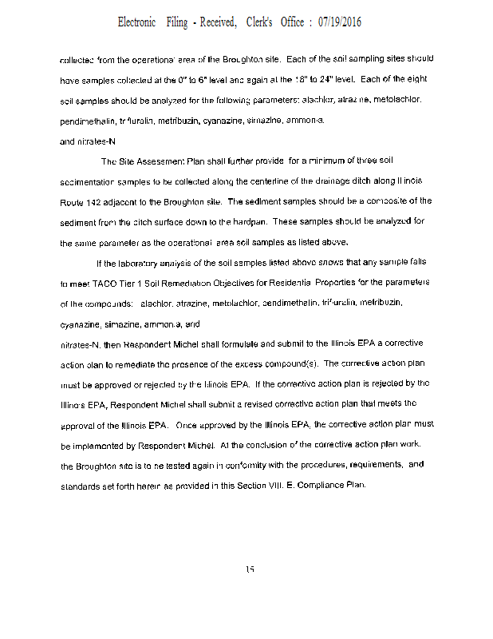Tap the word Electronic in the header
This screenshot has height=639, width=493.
[136, 22]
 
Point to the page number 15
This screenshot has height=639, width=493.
[250, 569]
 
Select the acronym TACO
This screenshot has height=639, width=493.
[101, 283]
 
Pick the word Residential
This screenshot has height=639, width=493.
[285, 283]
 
